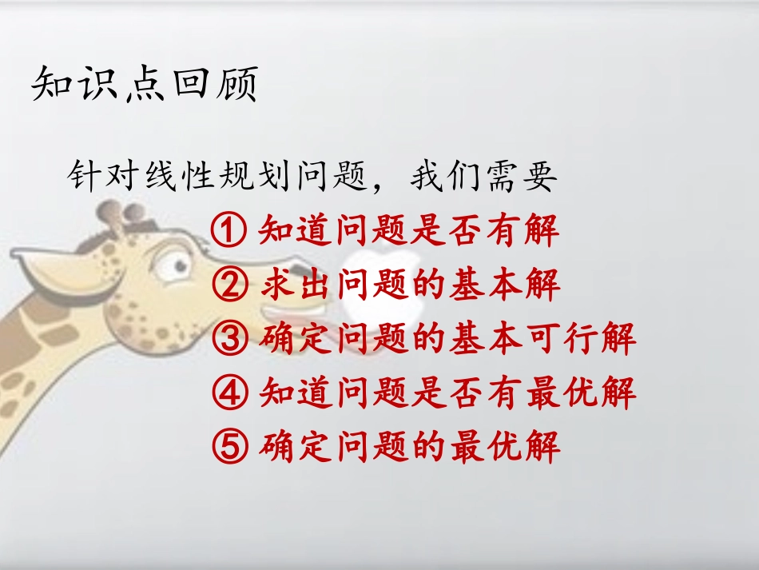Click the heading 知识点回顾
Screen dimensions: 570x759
tap(145, 84)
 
